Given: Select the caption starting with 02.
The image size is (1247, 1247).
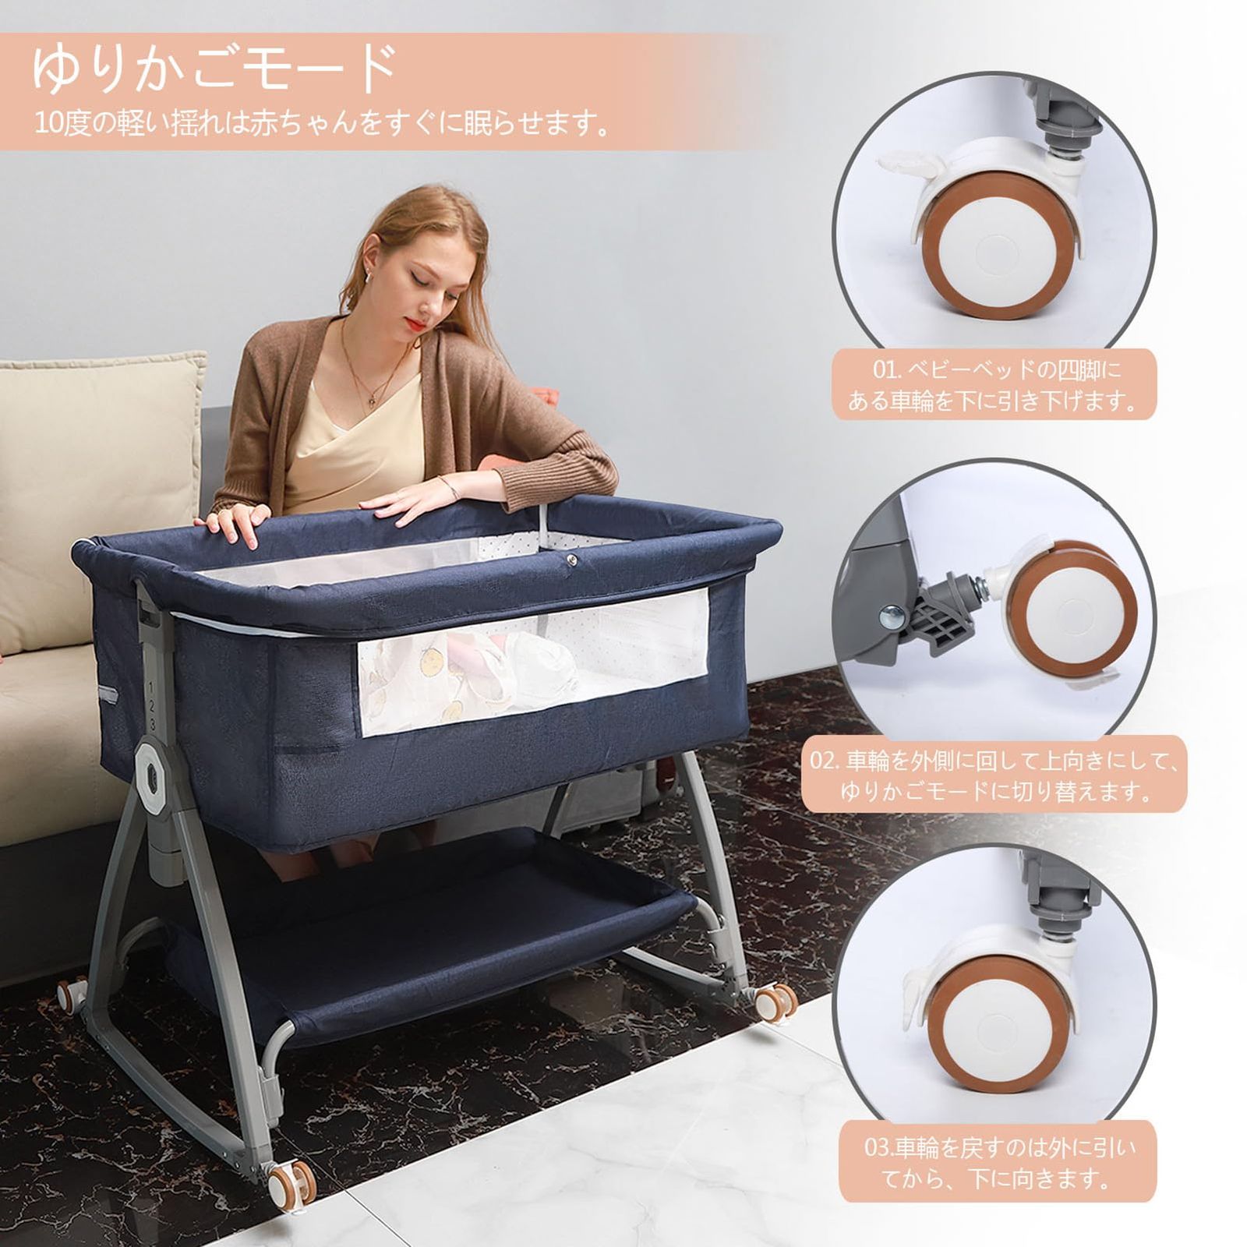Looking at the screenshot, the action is pyautogui.click(x=995, y=775).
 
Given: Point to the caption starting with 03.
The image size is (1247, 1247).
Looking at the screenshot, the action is pyautogui.click(x=999, y=1161).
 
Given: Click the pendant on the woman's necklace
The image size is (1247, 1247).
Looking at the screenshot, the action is pyautogui.click(x=371, y=401).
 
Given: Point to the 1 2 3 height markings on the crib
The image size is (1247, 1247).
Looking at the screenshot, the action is pyautogui.click(x=152, y=706).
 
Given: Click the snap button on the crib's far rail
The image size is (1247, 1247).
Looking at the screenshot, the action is pyautogui.click(x=573, y=558).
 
